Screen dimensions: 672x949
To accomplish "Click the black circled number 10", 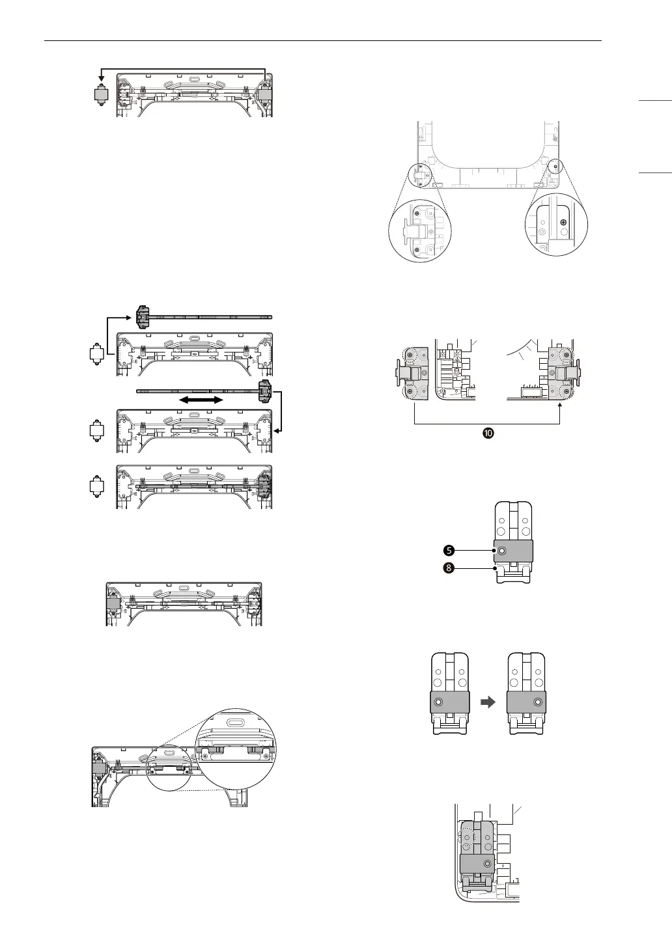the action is [488, 433].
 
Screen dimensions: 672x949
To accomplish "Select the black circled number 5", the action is [449, 551].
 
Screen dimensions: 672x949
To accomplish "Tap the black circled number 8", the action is [449, 568].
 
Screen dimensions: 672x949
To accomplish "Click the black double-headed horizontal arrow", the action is [201, 400].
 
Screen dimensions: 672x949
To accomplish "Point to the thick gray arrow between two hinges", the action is [488, 702].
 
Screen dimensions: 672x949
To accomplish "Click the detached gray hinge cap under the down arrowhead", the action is [101, 95].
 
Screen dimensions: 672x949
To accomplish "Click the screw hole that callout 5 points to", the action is [501, 551].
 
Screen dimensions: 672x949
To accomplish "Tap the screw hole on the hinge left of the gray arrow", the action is [438, 702].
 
